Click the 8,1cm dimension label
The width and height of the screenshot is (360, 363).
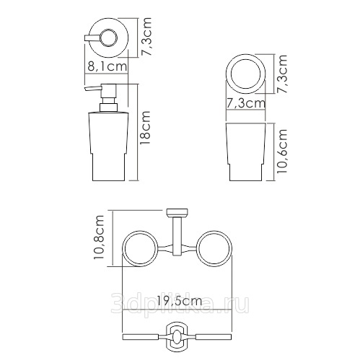point(107,66)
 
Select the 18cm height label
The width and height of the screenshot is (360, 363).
point(146,128)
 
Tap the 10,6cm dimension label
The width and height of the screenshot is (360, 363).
point(282,151)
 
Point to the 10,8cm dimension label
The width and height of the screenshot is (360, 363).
point(99,237)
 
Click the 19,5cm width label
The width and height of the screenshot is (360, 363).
point(180,300)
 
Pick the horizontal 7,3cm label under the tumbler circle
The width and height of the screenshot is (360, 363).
point(246,103)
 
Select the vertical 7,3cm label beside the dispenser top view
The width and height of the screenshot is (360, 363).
point(146,37)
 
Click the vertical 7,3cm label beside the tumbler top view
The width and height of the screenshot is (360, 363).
point(282,74)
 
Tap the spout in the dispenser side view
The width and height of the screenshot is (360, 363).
point(93,88)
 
